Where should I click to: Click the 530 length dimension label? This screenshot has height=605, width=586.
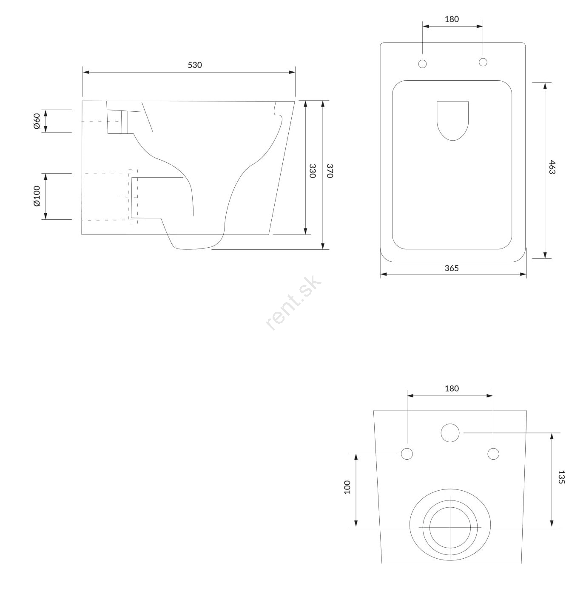click(195, 65)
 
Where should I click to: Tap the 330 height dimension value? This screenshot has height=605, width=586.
click(313, 171)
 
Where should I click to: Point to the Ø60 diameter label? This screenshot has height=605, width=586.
click(37, 121)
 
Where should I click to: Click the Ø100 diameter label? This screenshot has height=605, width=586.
click(37, 196)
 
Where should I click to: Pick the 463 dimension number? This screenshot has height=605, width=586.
click(552, 167)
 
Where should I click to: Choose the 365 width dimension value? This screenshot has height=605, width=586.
click(452, 268)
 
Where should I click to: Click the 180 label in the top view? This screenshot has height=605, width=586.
click(452, 19)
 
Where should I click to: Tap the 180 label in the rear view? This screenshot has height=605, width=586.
click(452, 389)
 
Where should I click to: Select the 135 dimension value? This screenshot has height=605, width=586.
click(561, 477)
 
